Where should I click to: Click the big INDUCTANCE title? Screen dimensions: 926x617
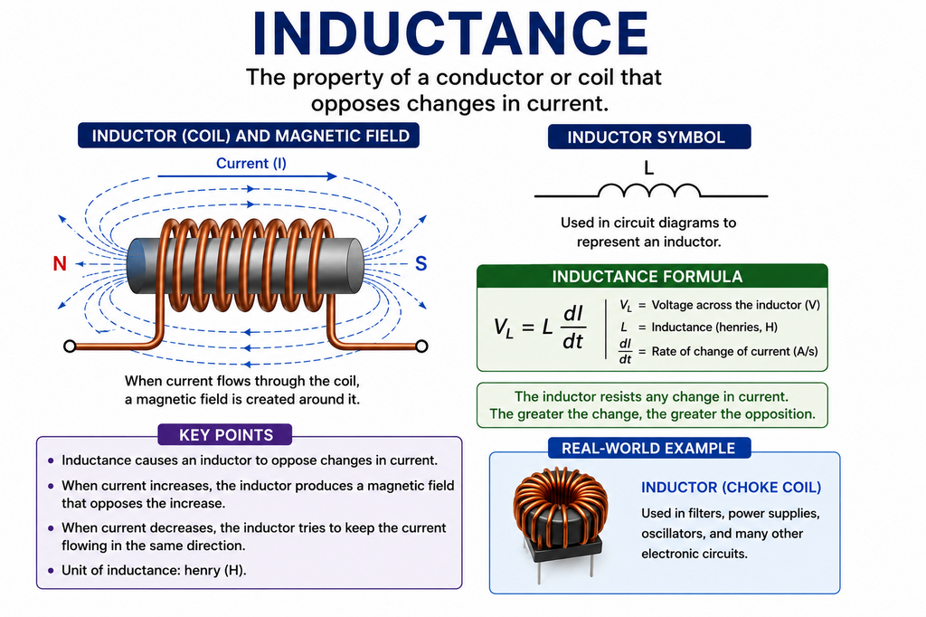click(450, 33)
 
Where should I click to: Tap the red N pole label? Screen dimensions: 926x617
click(60, 263)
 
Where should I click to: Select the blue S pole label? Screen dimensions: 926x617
click(421, 263)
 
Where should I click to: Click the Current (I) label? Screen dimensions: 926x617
click(251, 163)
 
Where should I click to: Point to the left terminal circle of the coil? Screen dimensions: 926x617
click(70, 346)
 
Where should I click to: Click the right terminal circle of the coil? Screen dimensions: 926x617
click(421, 346)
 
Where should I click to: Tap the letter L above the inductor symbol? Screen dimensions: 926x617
click(648, 168)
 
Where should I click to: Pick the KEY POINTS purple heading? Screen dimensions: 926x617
click(225, 435)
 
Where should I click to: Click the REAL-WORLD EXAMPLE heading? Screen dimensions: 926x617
click(649, 448)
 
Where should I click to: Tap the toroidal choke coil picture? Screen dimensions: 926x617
click(559, 520)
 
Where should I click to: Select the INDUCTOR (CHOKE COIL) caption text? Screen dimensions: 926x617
click(731, 488)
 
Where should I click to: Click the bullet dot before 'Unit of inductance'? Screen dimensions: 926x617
click(51, 571)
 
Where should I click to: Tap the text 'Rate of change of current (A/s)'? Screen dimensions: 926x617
click(734, 352)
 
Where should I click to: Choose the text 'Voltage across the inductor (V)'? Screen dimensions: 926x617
click(736, 305)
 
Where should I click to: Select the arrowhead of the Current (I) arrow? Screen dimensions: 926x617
click(332, 176)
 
